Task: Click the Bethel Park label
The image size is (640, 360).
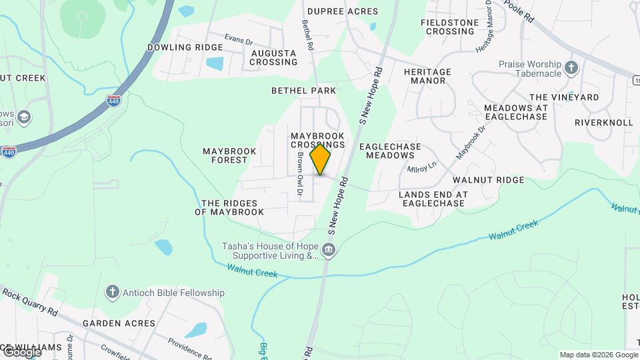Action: tap(303, 90)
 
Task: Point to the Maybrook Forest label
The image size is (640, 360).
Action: tap(229, 155)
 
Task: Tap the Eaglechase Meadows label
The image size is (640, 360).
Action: tap(391, 151)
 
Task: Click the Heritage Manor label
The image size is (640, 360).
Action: tap(427, 76)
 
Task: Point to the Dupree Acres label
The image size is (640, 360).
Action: tap(342, 11)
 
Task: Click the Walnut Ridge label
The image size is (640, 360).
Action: tap(488, 180)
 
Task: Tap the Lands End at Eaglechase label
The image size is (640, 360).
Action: tap(433, 199)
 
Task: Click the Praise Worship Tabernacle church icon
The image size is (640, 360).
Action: tap(571, 67)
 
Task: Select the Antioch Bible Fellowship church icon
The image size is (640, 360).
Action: tap(112, 292)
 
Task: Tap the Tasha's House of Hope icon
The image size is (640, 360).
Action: tap(329, 251)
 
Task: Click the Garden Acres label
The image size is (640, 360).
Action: tap(119, 323)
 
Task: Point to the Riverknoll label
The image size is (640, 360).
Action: tap(603, 123)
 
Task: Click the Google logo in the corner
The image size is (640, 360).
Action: tap(21, 351)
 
